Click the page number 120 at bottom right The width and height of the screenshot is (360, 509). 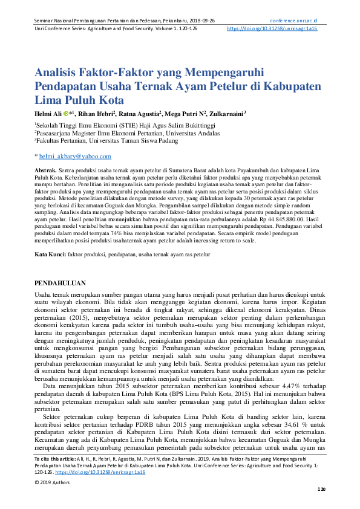321,490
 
